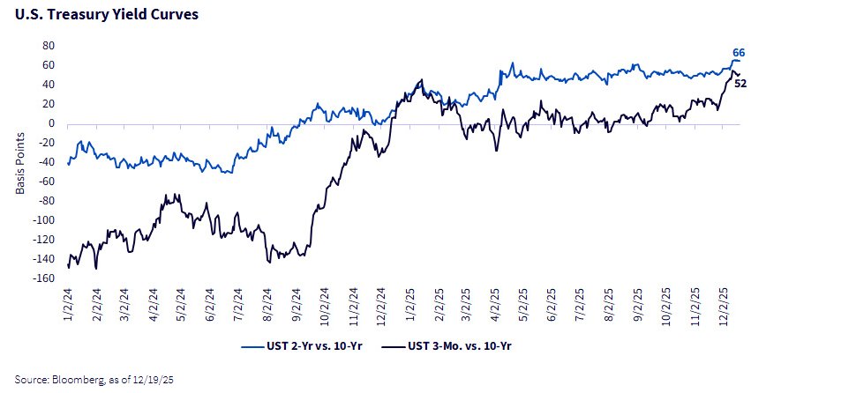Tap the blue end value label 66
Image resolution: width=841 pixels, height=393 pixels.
[739, 53]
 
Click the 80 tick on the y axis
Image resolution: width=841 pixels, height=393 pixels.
[49, 46]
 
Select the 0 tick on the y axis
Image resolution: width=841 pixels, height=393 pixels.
[52, 123]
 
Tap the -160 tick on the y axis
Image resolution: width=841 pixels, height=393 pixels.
[44, 278]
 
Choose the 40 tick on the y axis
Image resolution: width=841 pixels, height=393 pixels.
[49, 85]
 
